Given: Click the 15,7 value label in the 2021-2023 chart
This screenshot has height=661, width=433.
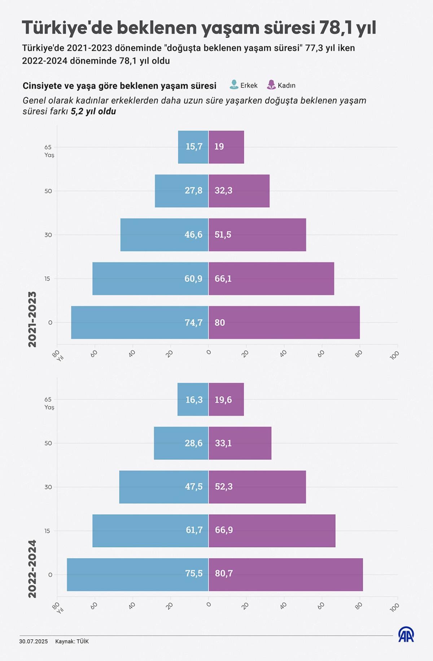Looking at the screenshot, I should tap(194, 147).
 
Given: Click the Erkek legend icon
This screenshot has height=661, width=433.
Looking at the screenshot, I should tap(234, 85).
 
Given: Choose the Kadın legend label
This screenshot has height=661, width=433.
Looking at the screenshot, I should tap(287, 85).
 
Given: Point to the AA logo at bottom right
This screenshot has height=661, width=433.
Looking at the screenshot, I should tap(406, 634).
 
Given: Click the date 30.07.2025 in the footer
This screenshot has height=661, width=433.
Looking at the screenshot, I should tap(34, 641).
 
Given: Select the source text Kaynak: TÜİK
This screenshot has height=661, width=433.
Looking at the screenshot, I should tap(72, 641).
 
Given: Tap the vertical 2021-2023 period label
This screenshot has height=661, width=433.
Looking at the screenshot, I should tap(32, 319).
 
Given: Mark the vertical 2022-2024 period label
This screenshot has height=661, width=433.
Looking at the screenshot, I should tap(32, 569).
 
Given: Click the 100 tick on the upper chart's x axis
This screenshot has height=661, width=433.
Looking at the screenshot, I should tap(394, 355).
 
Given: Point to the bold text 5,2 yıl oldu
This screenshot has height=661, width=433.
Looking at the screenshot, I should tap(93, 111).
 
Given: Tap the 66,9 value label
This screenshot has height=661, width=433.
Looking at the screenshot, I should tap(224, 530).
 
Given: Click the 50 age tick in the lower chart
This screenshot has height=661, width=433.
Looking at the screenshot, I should tap(48, 443).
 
